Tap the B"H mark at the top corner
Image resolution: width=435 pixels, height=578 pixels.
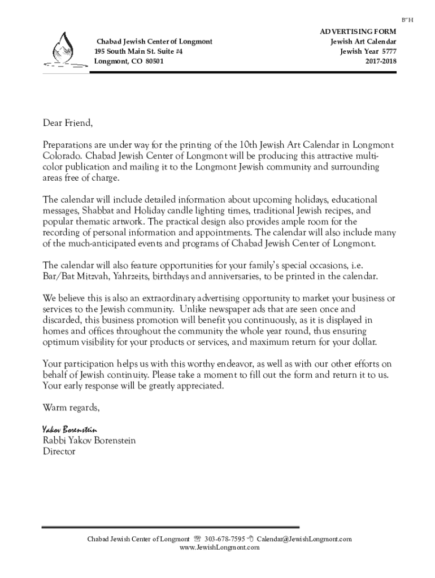pyautogui.click(x=408, y=20)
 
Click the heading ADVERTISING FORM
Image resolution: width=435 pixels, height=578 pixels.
pyautogui.click(x=358, y=33)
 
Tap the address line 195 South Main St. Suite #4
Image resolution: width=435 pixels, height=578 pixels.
pyautogui.click(x=138, y=51)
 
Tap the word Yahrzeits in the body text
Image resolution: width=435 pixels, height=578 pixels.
pyautogui.click(x=133, y=277)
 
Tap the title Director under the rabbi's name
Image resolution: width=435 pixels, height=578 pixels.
pyautogui.click(x=59, y=452)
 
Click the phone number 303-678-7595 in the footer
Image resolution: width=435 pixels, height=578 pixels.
pyautogui.click(x=225, y=539)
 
